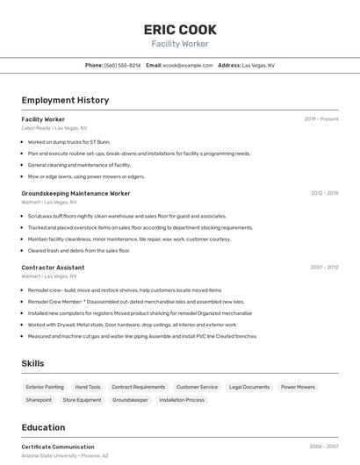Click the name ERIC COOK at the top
[x=179, y=29]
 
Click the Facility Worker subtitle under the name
[x=179, y=43]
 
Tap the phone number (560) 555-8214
[x=122, y=65]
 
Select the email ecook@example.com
[x=188, y=65]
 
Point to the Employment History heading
[x=65, y=100]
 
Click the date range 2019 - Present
[x=320, y=119]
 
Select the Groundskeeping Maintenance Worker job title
[x=76, y=193]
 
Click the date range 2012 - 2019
[x=324, y=193]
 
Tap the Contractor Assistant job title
[x=53, y=268]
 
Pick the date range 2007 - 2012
[x=324, y=268]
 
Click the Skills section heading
[x=33, y=363]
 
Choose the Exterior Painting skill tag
[x=45, y=387]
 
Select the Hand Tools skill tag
[x=88, y=387]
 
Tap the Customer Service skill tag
[x=197, y=387]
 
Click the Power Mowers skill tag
[x=298, y=387]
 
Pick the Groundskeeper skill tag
[x=130, y=400]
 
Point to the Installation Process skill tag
[x=182, y=400]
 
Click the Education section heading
[x=43, y=427]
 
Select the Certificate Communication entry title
[x=58, y=447]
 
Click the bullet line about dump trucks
[x=68, y=141]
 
